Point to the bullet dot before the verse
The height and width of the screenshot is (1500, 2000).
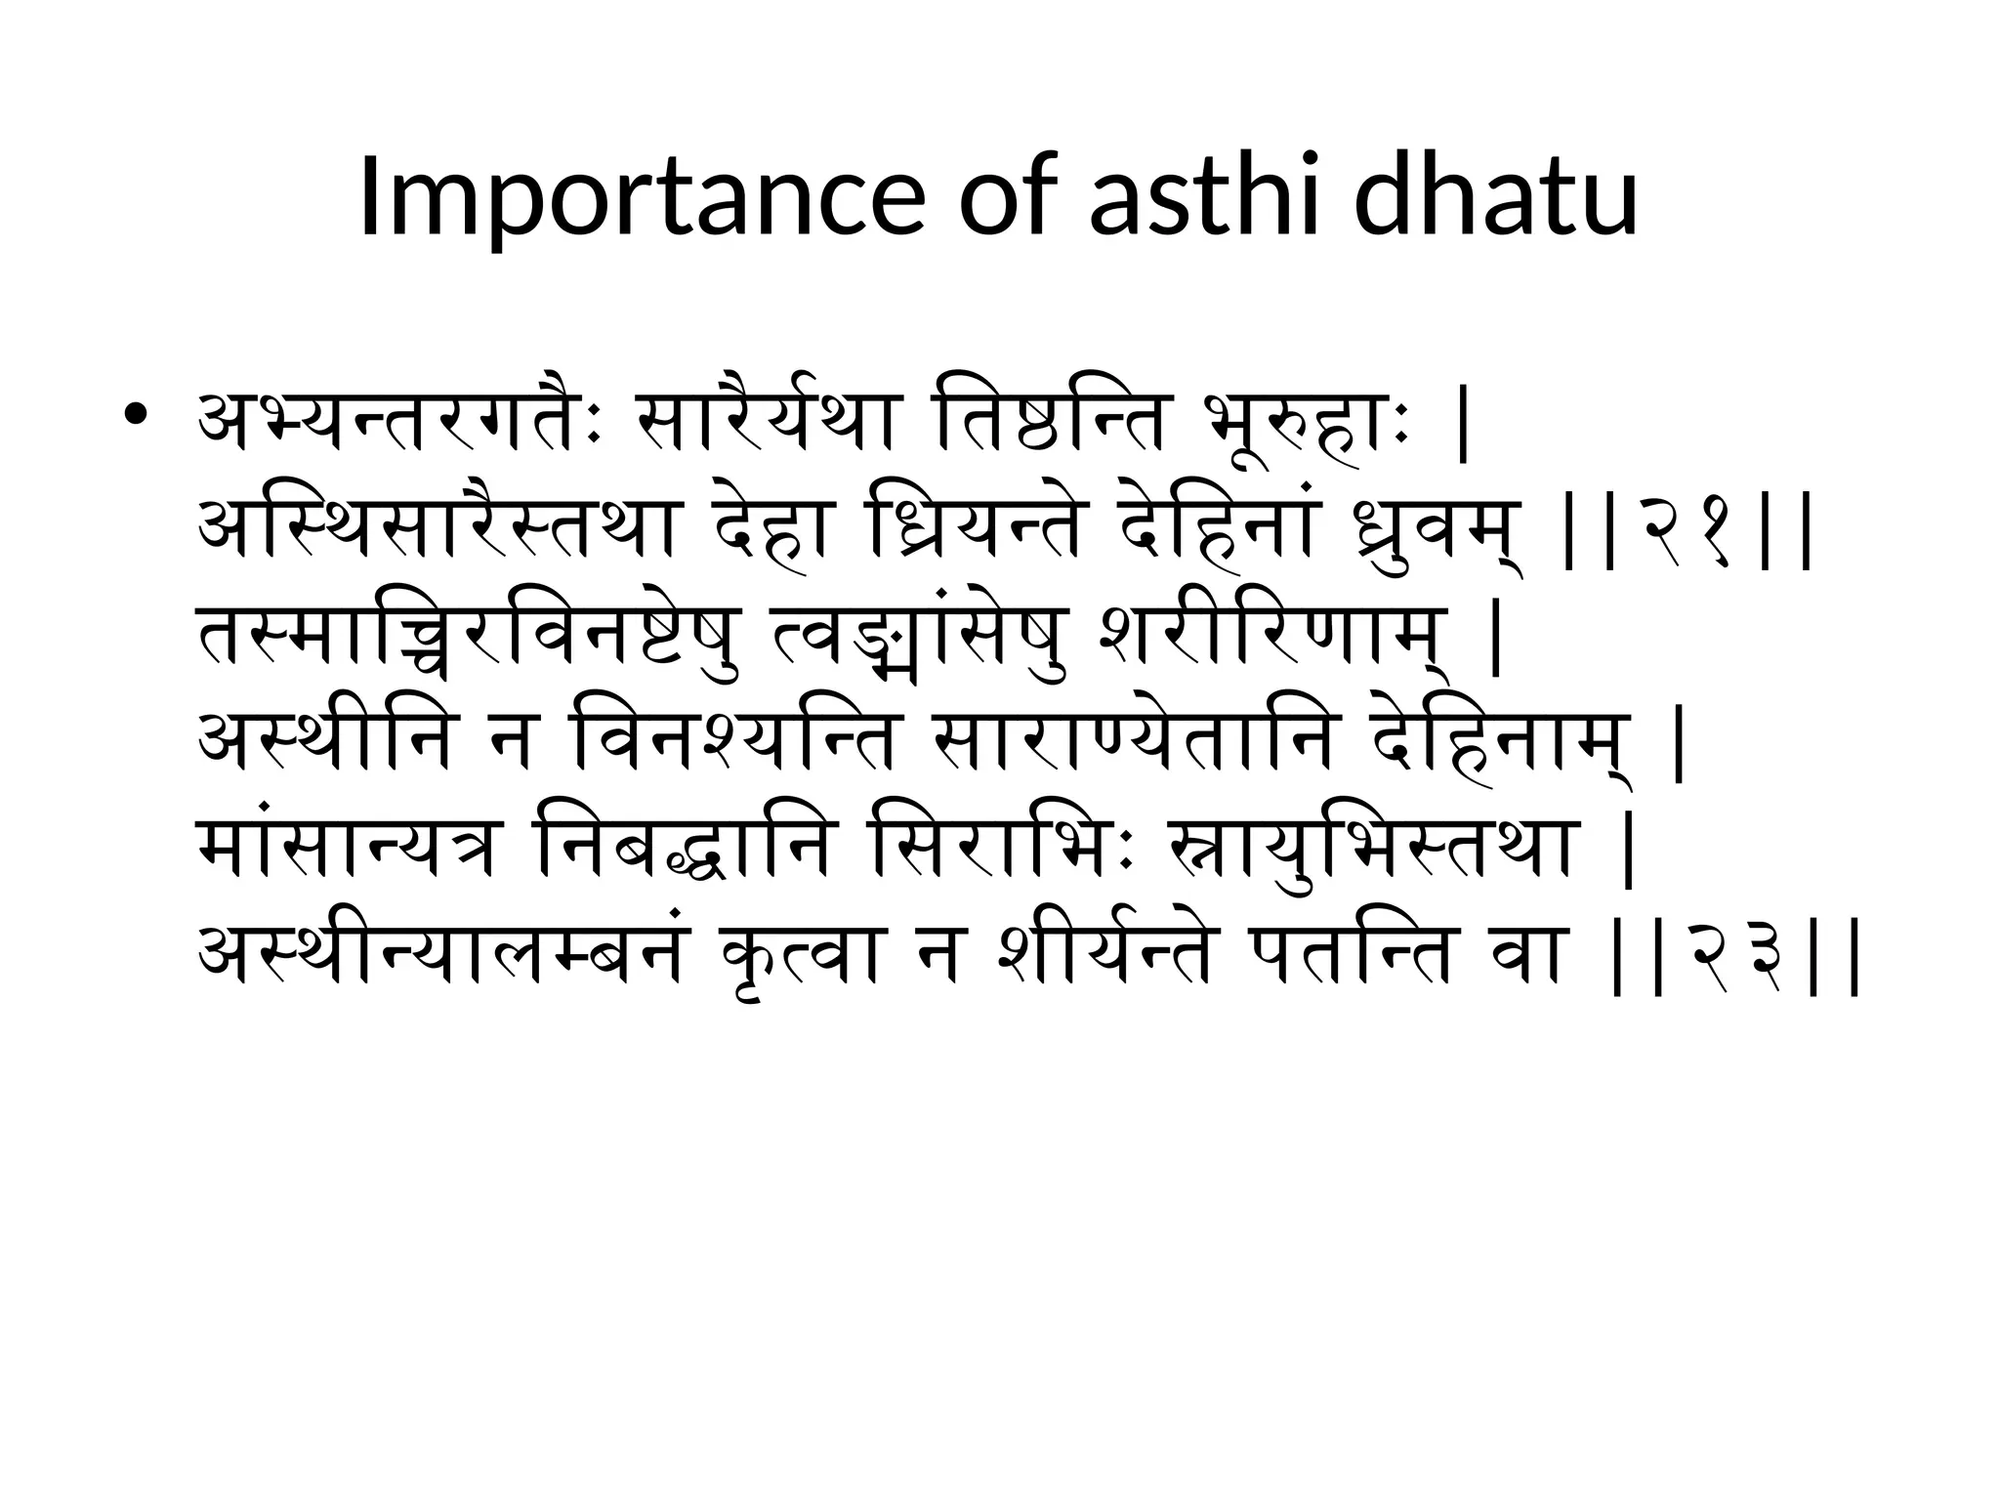(136, 416)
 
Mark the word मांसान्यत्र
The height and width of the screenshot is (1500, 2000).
(351, 850)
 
